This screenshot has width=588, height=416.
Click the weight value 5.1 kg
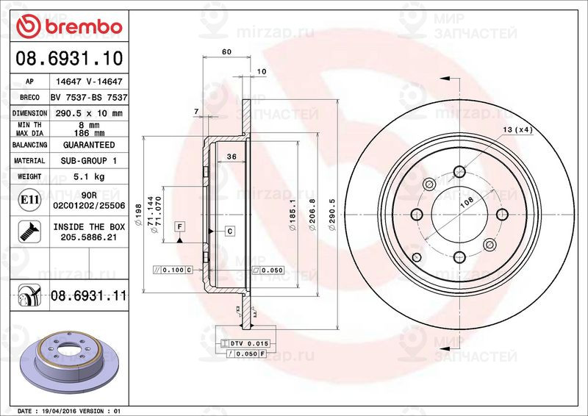87,176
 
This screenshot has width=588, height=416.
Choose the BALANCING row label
29,145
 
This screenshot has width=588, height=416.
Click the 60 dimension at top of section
226,52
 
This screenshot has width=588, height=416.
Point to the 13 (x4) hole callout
517,130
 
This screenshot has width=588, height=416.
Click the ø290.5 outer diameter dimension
332,214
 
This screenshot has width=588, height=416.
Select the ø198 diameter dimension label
138,215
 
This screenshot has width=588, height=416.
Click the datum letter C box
229,232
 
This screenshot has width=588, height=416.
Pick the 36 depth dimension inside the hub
230,157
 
